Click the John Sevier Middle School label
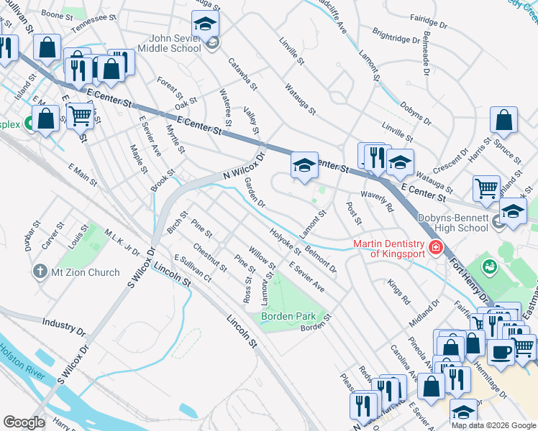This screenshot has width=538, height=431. point(175,43)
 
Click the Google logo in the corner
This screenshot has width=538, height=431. point(24,422)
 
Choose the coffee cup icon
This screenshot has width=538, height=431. point(501,351)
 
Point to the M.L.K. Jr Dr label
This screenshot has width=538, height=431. point(121,242)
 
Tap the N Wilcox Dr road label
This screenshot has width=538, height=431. point(244,165)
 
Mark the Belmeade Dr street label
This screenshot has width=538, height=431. point(426,57)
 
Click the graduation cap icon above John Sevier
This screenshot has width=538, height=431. point(206,26)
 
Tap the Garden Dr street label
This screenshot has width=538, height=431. point(255,193)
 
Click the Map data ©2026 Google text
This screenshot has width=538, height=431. point(493,425)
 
